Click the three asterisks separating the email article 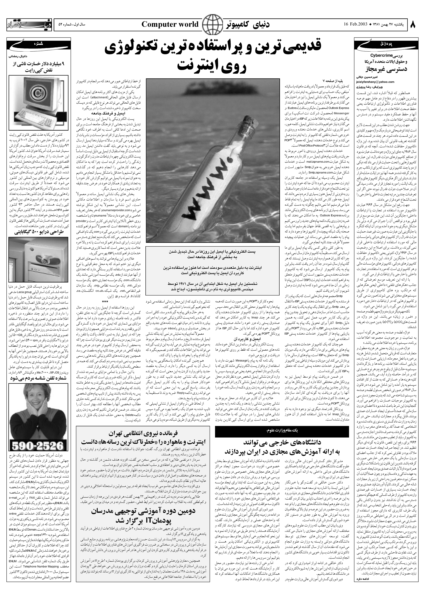coord(105,301)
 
